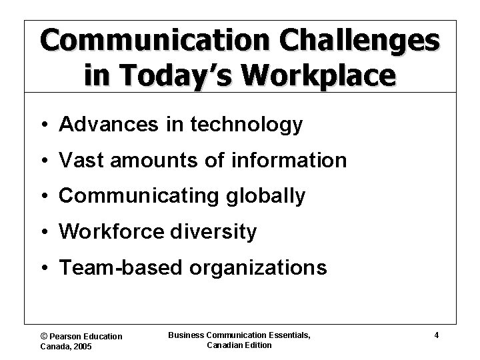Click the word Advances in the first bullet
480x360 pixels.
click(97, 125)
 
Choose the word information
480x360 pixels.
click(291, 161)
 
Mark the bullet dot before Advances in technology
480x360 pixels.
click(43, 125)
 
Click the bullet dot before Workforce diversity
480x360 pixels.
click(43, 233)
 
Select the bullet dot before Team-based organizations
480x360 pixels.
click(43, 269)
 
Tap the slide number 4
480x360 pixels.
click(436, 335)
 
